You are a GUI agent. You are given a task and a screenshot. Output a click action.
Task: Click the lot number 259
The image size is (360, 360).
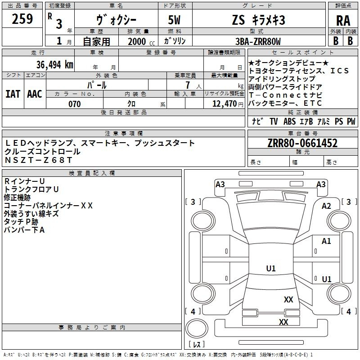tap(22, 19)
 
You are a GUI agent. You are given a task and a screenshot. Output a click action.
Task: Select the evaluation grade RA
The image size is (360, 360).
tap(343, 21)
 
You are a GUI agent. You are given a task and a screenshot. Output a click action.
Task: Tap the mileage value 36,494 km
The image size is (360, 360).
tap(54, 65)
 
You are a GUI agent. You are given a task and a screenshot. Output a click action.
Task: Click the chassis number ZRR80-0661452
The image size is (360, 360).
tap(302, 143)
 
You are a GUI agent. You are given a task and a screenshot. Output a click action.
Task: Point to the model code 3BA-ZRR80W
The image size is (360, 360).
tap(258, 41)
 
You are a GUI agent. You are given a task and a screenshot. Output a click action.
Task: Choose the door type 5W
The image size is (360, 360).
tap(174, 20)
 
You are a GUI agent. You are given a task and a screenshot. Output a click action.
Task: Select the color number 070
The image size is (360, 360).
tap(75, 104)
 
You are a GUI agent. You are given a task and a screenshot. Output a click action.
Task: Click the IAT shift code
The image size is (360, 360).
tap(13, 94)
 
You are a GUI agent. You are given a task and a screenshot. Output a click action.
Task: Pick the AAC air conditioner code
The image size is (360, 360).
tap(35, 94)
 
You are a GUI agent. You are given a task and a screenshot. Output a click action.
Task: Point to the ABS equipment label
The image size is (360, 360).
tap(289, 121)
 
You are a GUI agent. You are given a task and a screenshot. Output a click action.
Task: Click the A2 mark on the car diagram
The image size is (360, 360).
tap(326, 206)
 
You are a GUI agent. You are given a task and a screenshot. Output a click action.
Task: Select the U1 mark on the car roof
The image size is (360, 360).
tap(271, 268)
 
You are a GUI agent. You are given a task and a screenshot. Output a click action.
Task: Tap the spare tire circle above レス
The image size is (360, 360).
tap(197, 328)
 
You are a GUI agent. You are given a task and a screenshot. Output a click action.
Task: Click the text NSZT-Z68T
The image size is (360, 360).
tap(39, 160)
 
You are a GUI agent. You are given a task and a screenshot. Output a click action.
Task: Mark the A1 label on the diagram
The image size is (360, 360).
tap(326, 241)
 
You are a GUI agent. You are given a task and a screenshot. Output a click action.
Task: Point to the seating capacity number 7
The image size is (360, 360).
tap(188, 85)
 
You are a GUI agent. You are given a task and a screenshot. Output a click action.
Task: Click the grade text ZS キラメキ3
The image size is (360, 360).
tap(258, 20)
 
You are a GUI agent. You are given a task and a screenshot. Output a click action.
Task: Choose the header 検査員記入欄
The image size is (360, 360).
tap(92, 173)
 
